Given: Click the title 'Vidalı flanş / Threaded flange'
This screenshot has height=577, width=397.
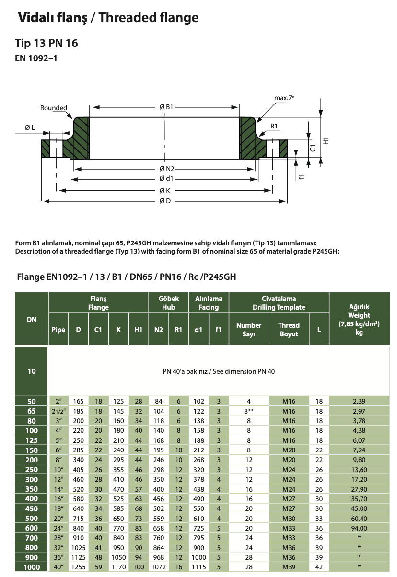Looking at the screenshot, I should pyautogui.click(x=108, y=18).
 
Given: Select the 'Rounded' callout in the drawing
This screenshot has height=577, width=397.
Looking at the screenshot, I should pyautogui.click(x=54, y=108).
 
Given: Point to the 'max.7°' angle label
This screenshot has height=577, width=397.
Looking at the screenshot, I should pyautogui.click(x=284, y=98).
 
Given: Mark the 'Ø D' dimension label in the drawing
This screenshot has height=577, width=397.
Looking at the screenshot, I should pyautogui.click(x=165, y=201).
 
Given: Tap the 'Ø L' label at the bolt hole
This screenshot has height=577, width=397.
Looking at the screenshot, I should pyautogui.click(x=30, y=127).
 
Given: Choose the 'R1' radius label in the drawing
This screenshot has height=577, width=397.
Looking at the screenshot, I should pyautogui.click(x=274, y=126).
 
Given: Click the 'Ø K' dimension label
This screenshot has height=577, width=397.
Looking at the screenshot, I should pyautogui.click(x=165, y=190).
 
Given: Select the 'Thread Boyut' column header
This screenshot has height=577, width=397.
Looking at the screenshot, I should pyautogui.click(x=289, y=329).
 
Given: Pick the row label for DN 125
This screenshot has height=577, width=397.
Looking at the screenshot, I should pyautogui.click(x=32, y=439).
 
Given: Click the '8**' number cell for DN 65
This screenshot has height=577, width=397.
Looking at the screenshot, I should pyautogui.click(x=249, y=411).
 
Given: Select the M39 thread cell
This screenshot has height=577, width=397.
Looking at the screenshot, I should pyautogui.click(x=289, y=567).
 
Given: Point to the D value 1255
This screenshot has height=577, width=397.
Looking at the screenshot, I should pyautogui.click(x=78, y=567).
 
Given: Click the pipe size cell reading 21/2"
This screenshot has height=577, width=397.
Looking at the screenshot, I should pyautogui.click(x=58, y=411).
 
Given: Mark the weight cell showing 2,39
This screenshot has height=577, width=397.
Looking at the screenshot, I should pyautogui.click(x=359, y=401).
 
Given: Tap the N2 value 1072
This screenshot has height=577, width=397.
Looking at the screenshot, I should pyautogui.click(x=158, y=567).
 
